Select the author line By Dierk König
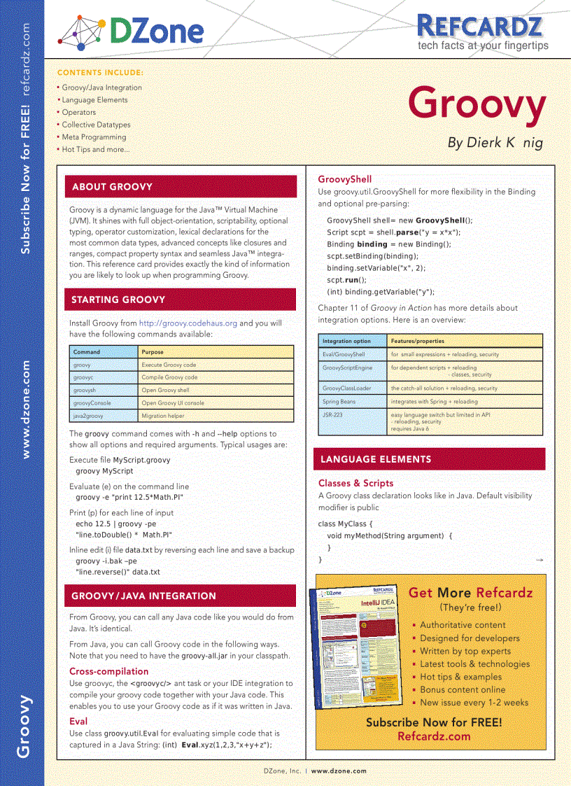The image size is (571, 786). coord(495,143)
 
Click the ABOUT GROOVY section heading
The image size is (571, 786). coord(112,187)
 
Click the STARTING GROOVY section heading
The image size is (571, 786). coord(118,300)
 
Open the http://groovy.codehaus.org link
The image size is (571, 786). coord(188,323)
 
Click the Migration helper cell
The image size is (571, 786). coord(163,415)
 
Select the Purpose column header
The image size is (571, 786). coord(153,352)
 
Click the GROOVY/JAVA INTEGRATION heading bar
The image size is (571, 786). coord(143,596)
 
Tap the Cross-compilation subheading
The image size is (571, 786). coord(108,671)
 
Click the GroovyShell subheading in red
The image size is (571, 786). coord(344,179)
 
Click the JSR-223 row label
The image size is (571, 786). coord(332,415)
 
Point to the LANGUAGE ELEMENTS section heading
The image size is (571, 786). coord(376,460)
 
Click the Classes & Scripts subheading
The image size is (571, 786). coord(355,483)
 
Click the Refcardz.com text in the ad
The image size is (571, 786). coord(434,736)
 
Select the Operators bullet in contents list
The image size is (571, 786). coord(78,112)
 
